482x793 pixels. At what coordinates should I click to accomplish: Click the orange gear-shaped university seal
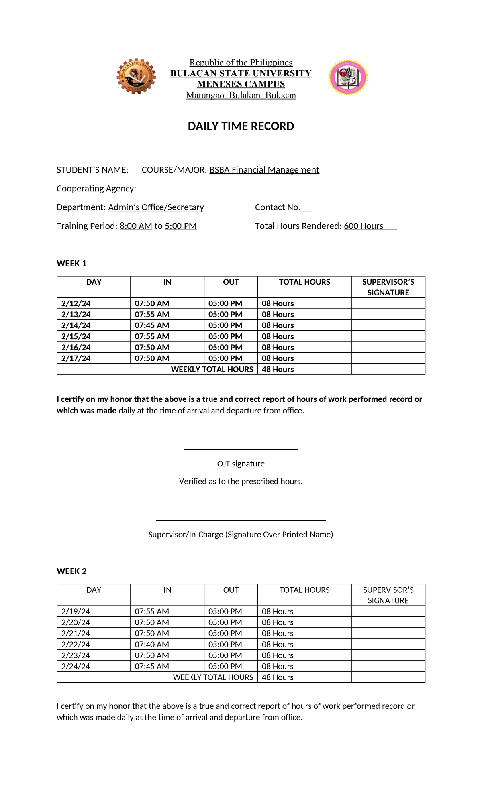point(136,76)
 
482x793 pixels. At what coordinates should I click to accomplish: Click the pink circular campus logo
point(347,77)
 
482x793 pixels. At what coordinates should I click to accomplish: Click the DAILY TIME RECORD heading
point(241,126)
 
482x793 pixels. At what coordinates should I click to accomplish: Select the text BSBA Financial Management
point(264,170)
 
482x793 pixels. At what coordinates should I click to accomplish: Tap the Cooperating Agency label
point(96,189)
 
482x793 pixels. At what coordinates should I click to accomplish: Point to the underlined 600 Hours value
point(364,226)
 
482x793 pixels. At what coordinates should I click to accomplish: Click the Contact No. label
point(278,207)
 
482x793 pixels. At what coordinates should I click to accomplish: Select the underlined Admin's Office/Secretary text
point(156,207)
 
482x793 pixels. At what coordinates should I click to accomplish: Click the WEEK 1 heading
point(71,264)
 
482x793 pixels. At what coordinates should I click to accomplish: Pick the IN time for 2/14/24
point(152,325)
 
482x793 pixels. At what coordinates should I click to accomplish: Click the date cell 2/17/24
point(76,358)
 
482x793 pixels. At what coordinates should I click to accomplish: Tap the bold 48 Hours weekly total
point(278,369)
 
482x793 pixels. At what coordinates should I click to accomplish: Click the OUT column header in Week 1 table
point(231,282)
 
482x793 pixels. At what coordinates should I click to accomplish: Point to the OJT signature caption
point(241,464)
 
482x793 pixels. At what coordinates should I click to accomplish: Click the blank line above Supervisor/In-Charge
point(241,520)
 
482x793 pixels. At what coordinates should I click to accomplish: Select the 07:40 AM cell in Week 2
point(152,645)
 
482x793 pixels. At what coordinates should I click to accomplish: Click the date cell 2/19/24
point(76,612)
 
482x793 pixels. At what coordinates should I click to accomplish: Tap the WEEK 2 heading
point(71,571)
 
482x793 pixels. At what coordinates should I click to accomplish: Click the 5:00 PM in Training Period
point(181,226)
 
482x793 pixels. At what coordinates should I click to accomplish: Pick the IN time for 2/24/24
point(152,666)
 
